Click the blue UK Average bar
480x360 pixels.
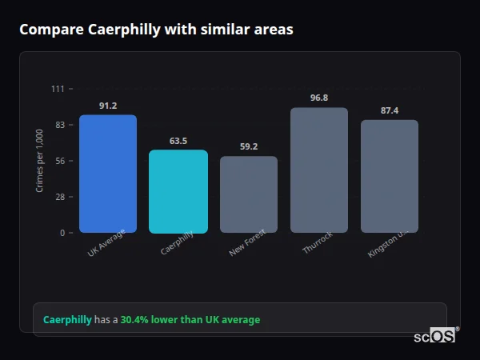tap(108, 174)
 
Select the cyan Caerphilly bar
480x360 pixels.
tap(178, 191)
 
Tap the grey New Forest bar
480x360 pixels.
tap(249, 194)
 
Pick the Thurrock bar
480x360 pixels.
tap(319, 170)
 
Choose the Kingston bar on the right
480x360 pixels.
tap(390, 176)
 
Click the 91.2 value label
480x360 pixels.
tap(108, 106)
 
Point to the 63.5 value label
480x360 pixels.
tap(178, 141)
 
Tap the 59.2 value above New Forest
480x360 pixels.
tap(249, 146)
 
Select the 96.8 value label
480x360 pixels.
tap(319, 98)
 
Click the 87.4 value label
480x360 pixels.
tap(390, 110)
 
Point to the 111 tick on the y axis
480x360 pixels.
tap(58, 89)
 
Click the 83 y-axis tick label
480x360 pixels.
tap(60, 125)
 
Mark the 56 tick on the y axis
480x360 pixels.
tap(60, 161)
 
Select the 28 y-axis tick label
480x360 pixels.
tap(60, 197)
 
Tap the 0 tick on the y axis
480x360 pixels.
tap(62, 233)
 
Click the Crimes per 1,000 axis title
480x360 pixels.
tap(40, 161)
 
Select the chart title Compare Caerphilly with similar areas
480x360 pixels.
tap(156, 30)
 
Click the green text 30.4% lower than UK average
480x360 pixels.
tap(190, 319)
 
